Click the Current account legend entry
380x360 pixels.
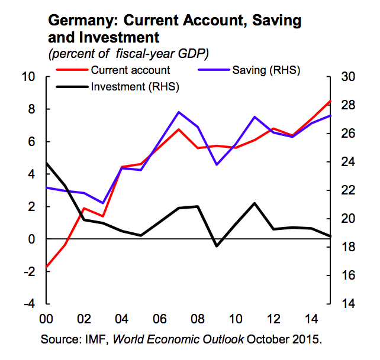point(130,70)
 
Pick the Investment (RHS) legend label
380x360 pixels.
point(135,87)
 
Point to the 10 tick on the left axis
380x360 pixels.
point(28,77)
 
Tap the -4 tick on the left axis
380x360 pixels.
point(28,304)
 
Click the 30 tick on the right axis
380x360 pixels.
point(345,77)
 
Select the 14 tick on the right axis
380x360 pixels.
point(345,304)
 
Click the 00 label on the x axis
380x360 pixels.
point(46,319)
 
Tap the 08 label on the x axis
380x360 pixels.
point(197,319)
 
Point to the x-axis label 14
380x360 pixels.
point(311,319)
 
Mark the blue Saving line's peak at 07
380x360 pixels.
point(179,112)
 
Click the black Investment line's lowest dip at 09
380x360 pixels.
point(217,246)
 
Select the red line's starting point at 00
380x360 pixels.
point(46,267)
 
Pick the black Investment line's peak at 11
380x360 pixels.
point(255,203)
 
